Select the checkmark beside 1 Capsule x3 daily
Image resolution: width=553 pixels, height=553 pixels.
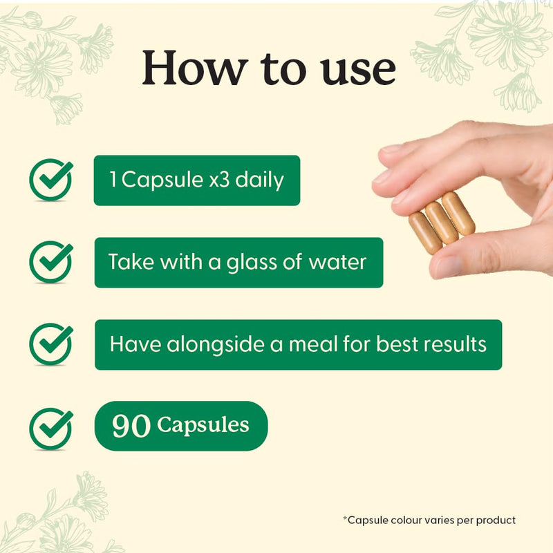tap(50, 180)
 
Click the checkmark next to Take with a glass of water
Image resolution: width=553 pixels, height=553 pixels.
tap(50, 262)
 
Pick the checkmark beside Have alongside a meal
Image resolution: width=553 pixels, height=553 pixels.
tap(50, 344)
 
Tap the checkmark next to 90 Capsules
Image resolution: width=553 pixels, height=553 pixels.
tap(50, 429)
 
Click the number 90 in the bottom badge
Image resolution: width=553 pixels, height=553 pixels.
tap(131, 426)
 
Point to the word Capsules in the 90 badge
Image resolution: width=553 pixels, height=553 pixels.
tap(203, 425)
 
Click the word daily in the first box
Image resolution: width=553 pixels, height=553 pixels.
tap(259, 180)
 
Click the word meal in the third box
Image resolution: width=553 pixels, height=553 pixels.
tap(313, 344)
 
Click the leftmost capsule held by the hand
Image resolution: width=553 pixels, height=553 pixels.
tap(425, 233)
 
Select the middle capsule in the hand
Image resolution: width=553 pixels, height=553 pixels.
tap(442, 223)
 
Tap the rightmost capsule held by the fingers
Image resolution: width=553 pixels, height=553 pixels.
tap(458, 214)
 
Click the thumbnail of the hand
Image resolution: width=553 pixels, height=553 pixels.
tap(449, 266)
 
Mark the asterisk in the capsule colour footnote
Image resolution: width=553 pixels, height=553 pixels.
tap(345, 518)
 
